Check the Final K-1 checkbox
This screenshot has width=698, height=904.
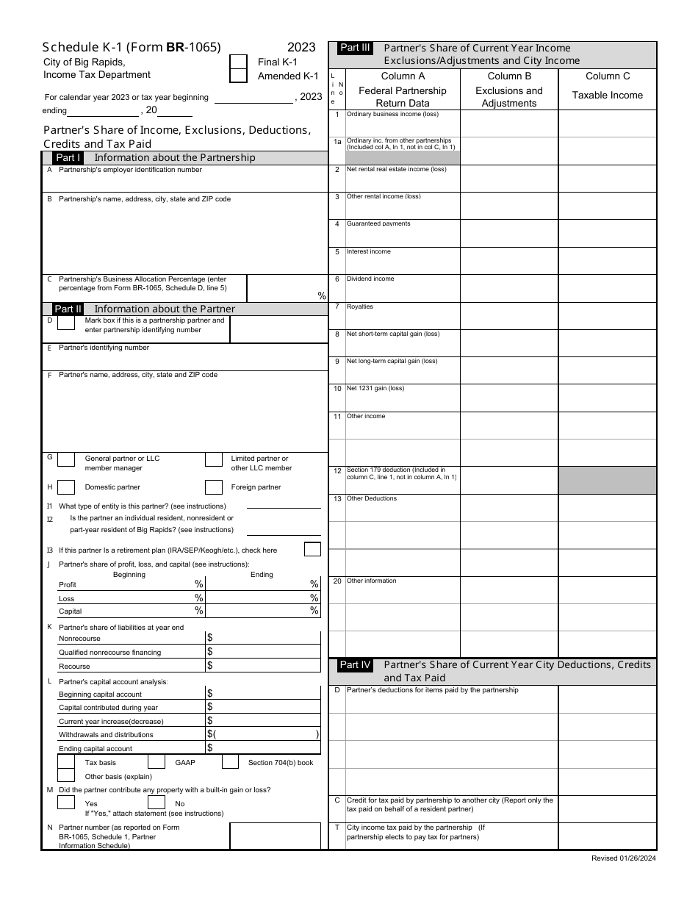[238, 62]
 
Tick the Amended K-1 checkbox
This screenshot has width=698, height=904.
[238, 76]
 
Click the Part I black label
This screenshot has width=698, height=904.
[69, 157]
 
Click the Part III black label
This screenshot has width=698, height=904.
[356, 48]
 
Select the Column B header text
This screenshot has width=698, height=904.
[509, 76]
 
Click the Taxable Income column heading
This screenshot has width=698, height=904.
[607, 95]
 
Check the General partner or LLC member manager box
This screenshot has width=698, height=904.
[66, 460]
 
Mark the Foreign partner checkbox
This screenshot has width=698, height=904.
[214, 487]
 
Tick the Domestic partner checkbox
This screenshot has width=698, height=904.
[66, 487]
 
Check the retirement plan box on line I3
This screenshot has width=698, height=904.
[312, 549]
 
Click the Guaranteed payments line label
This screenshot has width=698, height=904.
[378, 223]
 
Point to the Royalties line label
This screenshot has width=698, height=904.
[360, 306]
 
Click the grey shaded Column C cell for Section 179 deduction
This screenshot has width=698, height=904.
[607, 479]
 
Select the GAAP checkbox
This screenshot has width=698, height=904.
[156, 762]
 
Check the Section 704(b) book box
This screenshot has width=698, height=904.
[230, 762]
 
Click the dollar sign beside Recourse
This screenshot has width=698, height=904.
[210, 666]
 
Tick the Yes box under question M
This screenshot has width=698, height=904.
[66, 803]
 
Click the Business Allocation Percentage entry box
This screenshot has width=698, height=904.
[287, 287]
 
